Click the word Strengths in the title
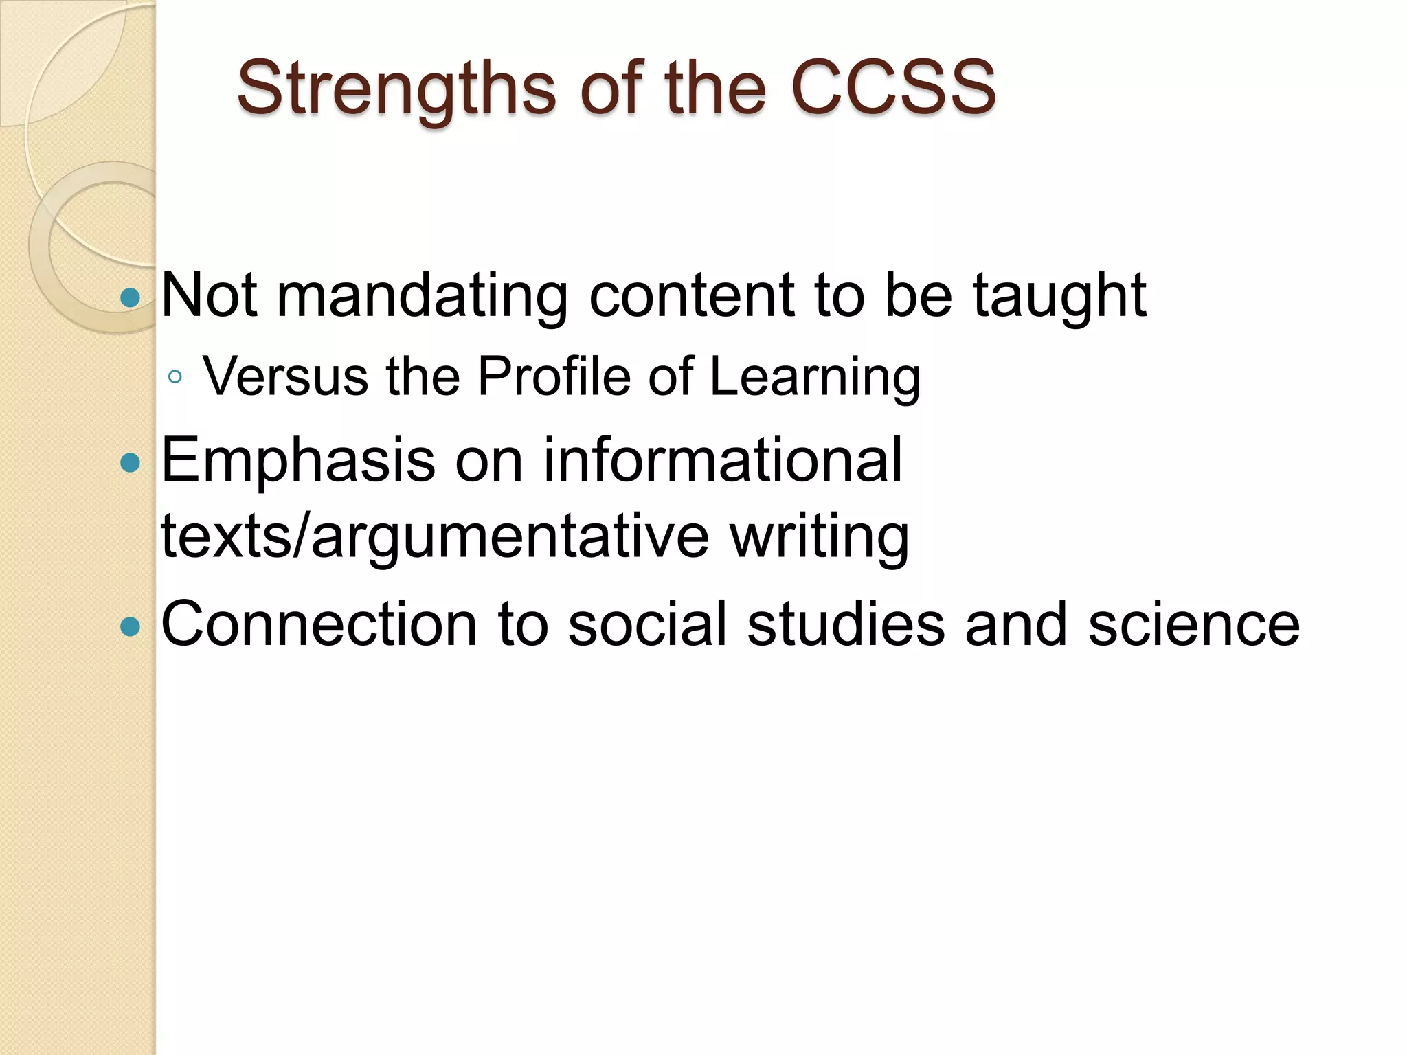[x=396, y=89]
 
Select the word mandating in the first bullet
[x=422, y=297]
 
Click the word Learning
[x=815, y=378]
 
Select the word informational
[x=723, y=460]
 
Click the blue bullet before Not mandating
[x=130, y=297]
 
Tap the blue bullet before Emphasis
[x=130, y=462]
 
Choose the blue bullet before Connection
[x=130, y=626]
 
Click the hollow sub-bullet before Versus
[x=175, y=376]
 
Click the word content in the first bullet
[x=692, y=297]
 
